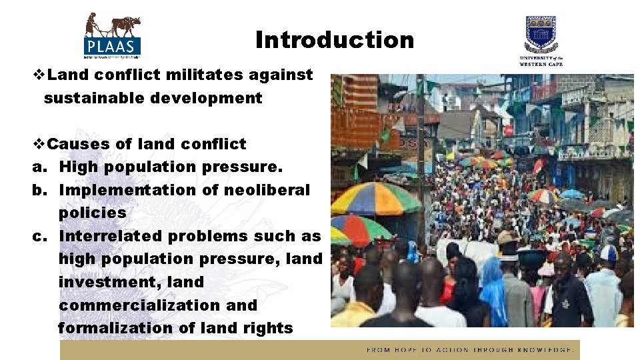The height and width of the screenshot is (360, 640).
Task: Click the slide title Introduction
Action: tap(334, 40)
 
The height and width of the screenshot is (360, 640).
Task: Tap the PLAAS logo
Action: tap(113, 35)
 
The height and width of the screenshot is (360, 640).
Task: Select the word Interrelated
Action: tap(110, 236)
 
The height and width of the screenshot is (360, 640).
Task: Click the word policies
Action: tap(92, 213)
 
